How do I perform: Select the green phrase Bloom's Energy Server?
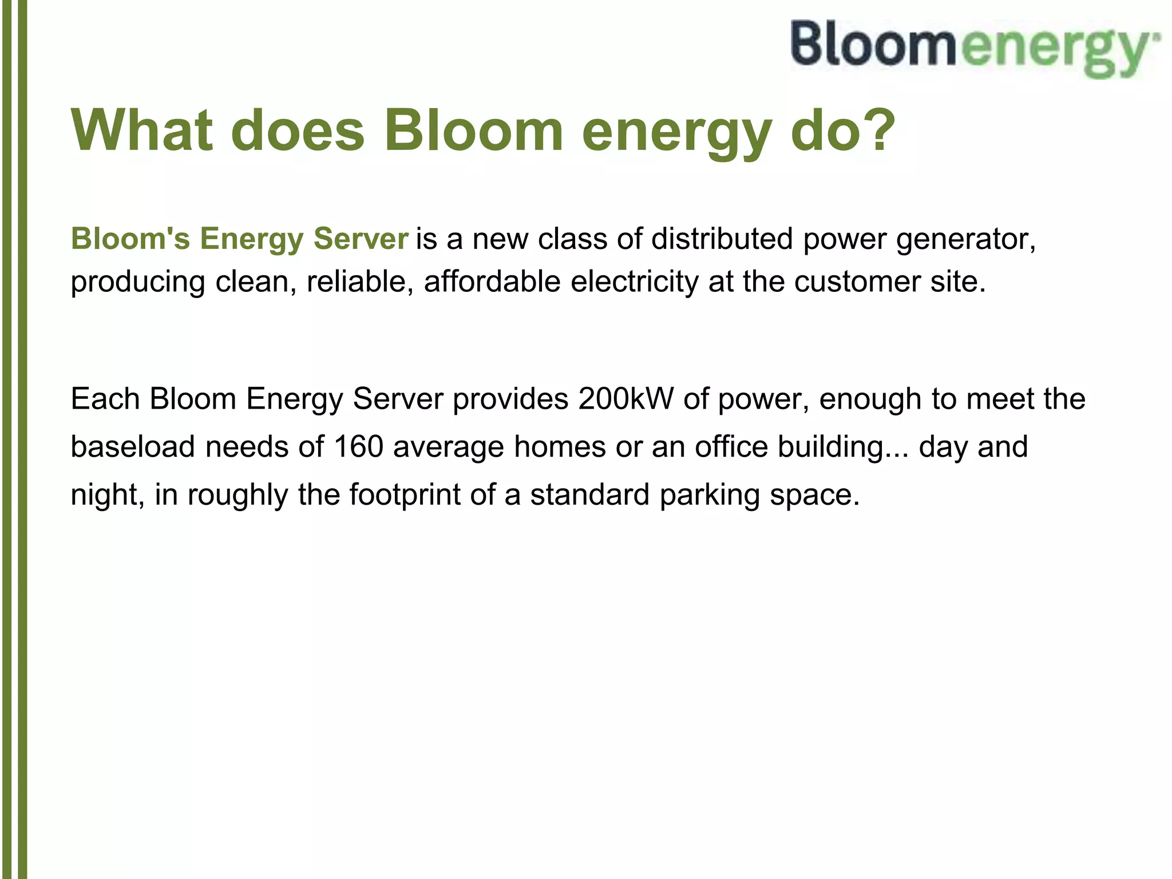click(239, 239)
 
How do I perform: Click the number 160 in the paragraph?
click(358, 446)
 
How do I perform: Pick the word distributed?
click(722, 239)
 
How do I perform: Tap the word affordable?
click(492, 282)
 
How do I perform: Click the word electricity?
click(634, 282)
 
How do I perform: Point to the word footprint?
click(405, 494)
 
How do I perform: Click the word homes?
click(559, 446)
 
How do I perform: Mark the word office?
click(731, 446)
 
